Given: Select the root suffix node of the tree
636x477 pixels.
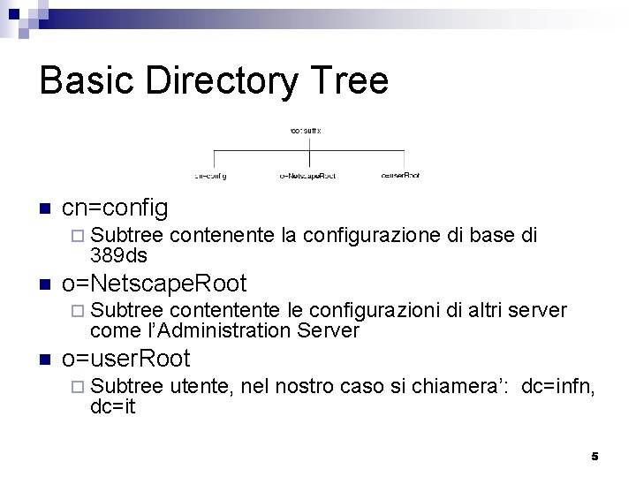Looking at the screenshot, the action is pos(306,130).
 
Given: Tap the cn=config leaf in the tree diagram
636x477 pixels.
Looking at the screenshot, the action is pos(210,176).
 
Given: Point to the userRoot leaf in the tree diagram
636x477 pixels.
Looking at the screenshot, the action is pos(400,176).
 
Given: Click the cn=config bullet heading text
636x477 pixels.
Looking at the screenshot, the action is pos(114,208).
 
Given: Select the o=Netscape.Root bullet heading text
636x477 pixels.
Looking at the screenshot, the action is pos(154,284).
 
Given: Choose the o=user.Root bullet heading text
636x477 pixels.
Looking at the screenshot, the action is pos(126,359).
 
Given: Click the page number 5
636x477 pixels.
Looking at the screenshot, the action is pos(594,456).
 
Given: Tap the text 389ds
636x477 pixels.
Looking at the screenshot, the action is pos(118,255).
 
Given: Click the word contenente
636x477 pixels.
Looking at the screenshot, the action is pos(221,236).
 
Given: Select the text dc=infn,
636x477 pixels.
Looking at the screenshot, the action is pos(558,386).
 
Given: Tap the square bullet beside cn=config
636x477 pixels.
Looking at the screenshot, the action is pos(42,210).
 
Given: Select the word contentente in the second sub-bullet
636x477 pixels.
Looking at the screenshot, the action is pos(225,311).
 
